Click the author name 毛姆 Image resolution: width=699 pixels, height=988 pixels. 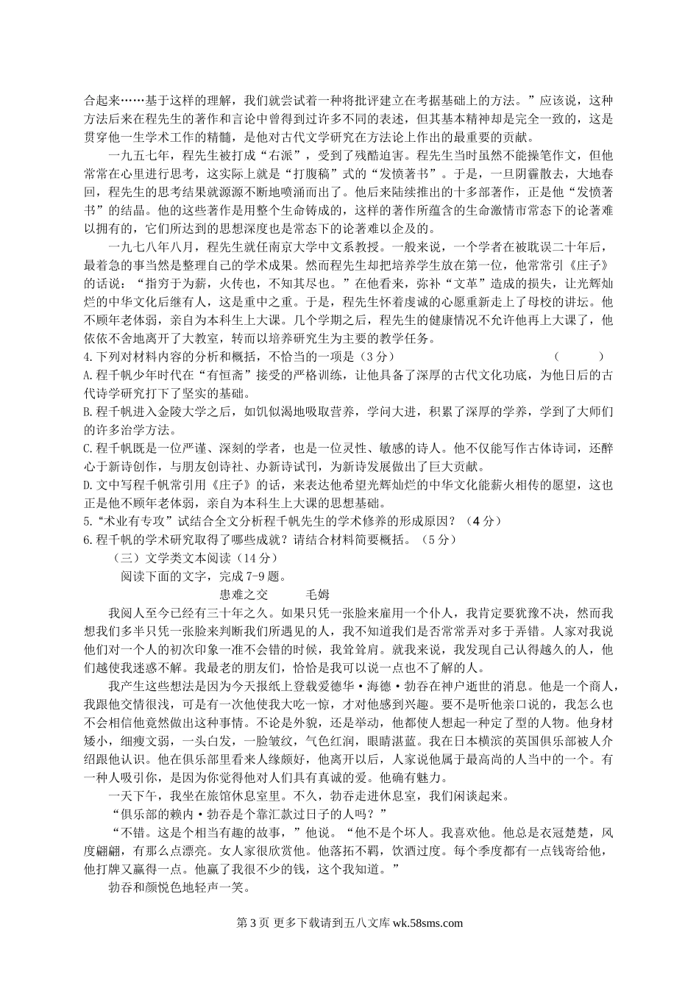coord(317,594)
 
